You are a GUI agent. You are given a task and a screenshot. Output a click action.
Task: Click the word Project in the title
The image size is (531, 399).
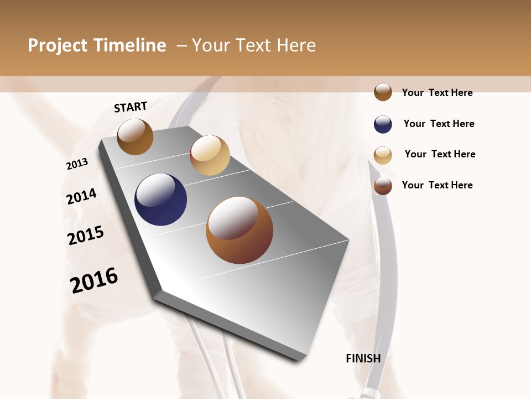click(x=58, y=45)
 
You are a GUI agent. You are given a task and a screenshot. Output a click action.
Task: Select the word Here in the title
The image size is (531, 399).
click(x=295, y=45)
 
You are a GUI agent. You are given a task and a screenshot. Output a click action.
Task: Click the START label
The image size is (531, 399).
click(x=131, y=107)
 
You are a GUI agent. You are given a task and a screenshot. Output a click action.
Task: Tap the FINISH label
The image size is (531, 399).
click(x=363, y=359)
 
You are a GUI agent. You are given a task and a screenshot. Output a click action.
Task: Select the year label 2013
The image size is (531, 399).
click(x=77, y=164)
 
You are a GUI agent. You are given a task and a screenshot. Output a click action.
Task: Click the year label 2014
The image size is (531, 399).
click(x=81, y=196)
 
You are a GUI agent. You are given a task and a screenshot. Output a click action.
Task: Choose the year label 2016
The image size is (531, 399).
click(x=94, y=280)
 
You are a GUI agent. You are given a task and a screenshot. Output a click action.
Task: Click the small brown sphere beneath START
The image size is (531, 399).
click(x=135, y=137)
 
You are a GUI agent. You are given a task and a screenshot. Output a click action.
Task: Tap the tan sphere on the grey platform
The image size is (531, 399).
click(x=210, y=155)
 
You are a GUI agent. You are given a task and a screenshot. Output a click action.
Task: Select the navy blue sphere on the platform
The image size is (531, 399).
click(x=160, y=199)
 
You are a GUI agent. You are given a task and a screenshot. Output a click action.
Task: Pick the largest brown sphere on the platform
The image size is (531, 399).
click(x=240, y=230)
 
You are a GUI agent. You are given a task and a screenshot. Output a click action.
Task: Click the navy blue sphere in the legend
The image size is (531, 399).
click(x=383, y=124)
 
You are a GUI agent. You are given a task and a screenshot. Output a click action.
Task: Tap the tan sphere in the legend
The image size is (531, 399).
click(x=383, y=155)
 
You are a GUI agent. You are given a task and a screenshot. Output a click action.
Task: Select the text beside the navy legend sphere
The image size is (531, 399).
click(x=439, y=124)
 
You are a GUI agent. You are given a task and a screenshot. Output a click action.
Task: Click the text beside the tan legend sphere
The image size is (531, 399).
click(x=440, y=154)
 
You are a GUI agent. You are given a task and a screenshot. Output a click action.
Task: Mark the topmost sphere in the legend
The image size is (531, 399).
click(x=383, y=92)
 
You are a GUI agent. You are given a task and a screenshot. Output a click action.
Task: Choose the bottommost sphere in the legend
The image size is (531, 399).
click(x=383, y=186)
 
